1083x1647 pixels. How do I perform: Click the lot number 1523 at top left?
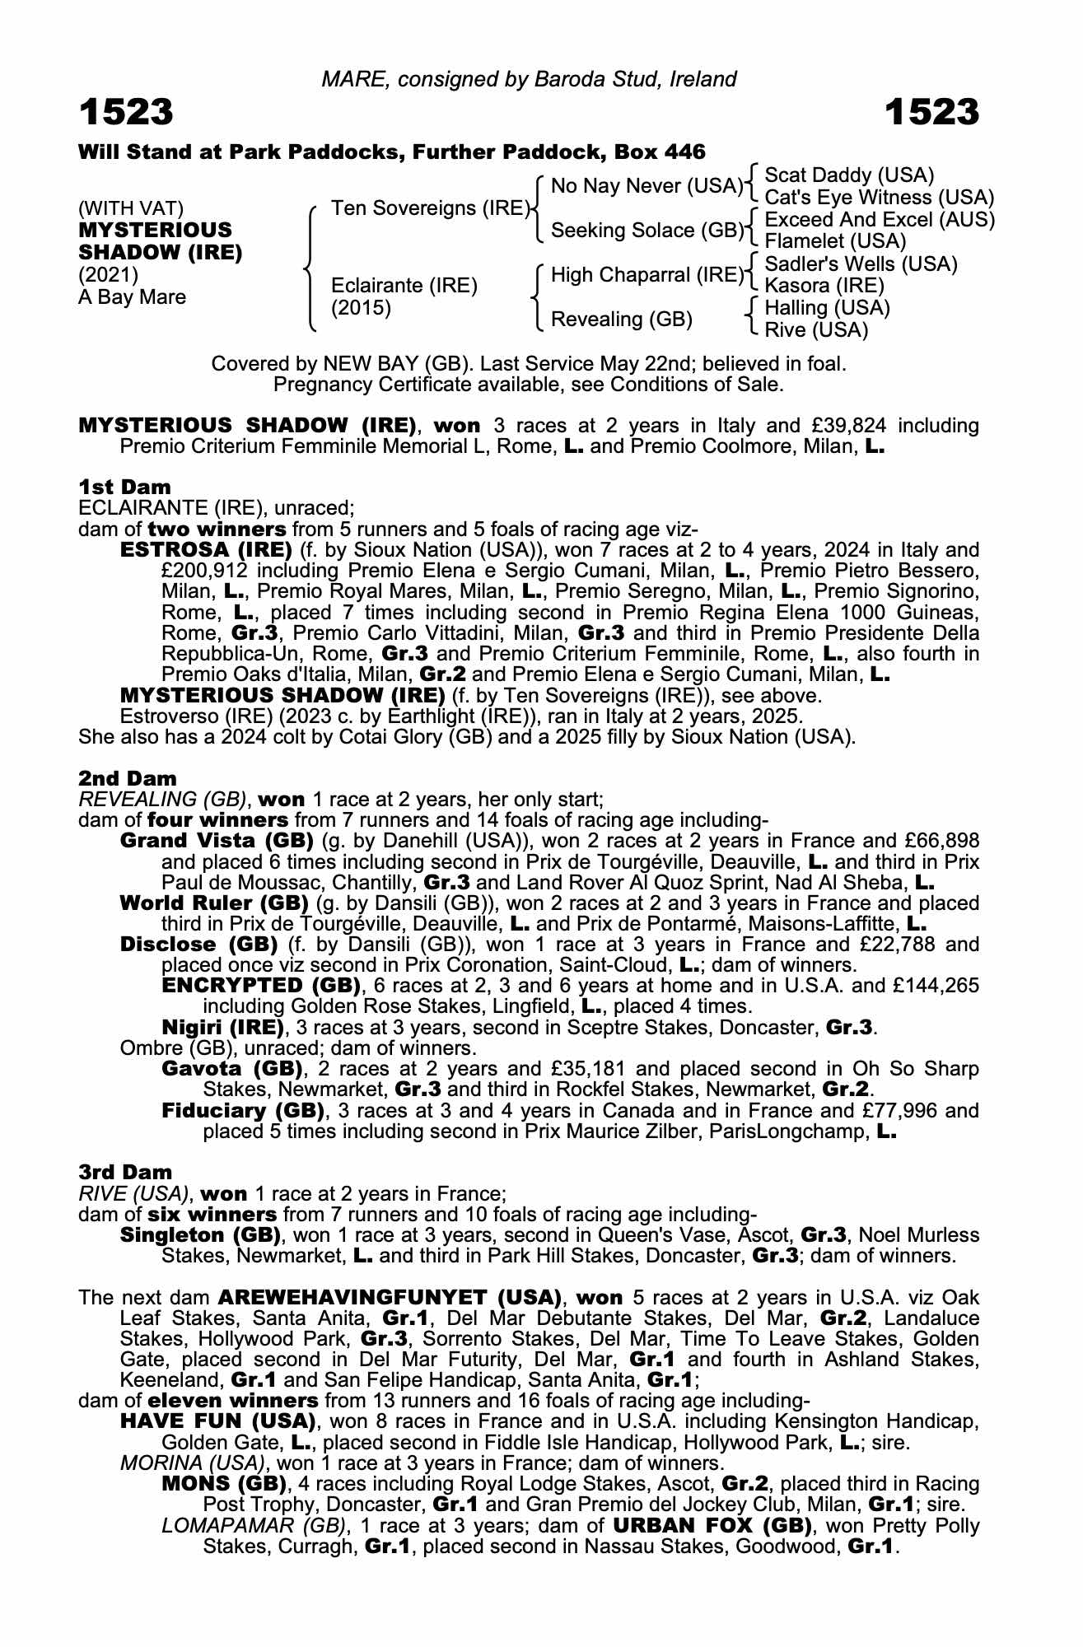126,113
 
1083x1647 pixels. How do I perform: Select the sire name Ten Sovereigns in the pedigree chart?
428,208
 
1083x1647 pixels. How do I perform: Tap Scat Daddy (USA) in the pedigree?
849,175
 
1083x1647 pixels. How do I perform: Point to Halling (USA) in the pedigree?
827,308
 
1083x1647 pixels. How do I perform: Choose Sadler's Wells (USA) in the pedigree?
861,264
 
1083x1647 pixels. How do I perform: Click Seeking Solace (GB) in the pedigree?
647,231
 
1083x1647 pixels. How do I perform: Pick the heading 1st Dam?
124,487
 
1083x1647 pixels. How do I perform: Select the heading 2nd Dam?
127,778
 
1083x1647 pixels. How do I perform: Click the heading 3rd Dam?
125,1172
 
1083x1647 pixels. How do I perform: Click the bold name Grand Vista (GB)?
217,841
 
